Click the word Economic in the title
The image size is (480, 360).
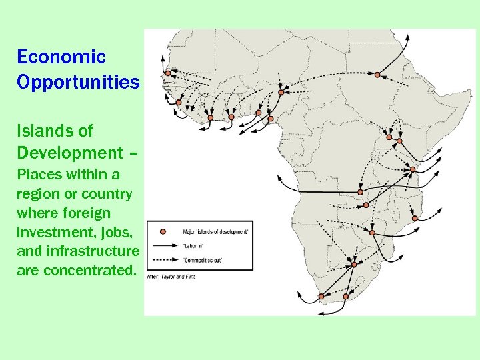coord(61,57)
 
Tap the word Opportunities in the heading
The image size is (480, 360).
coord(78,82)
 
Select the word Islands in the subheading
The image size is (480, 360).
coord(55,131)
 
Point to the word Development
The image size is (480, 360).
coord(70,153)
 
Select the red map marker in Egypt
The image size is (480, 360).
coord(377,75)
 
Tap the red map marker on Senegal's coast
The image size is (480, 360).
coord(179,102)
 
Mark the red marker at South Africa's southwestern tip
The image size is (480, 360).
coord(321,296)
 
